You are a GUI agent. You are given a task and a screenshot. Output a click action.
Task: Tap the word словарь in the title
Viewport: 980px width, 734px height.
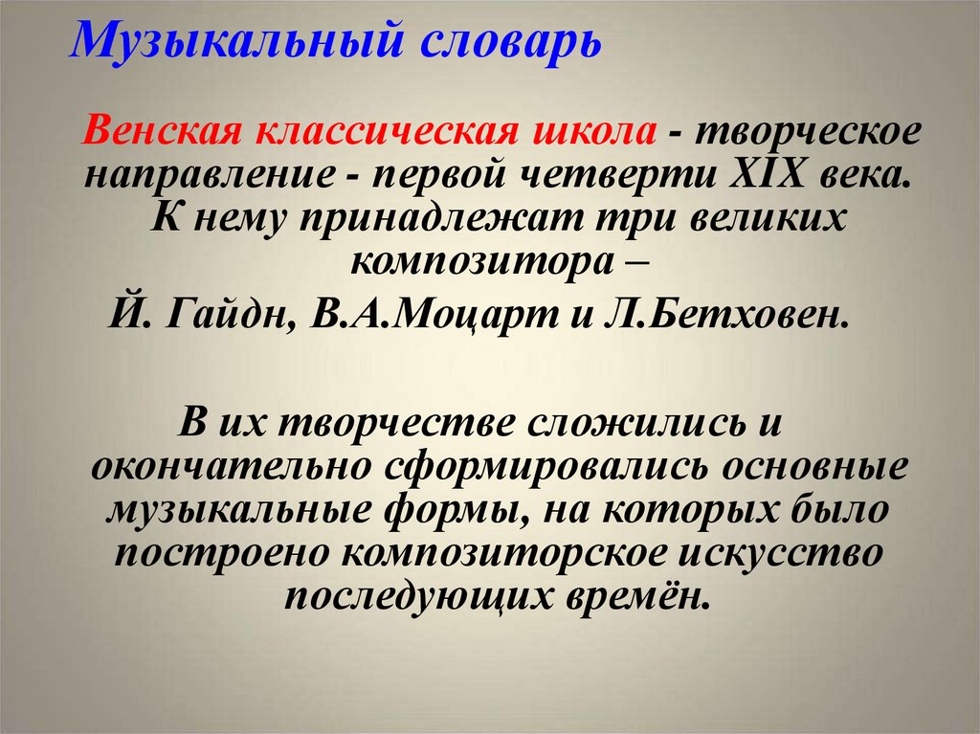point(494,42)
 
